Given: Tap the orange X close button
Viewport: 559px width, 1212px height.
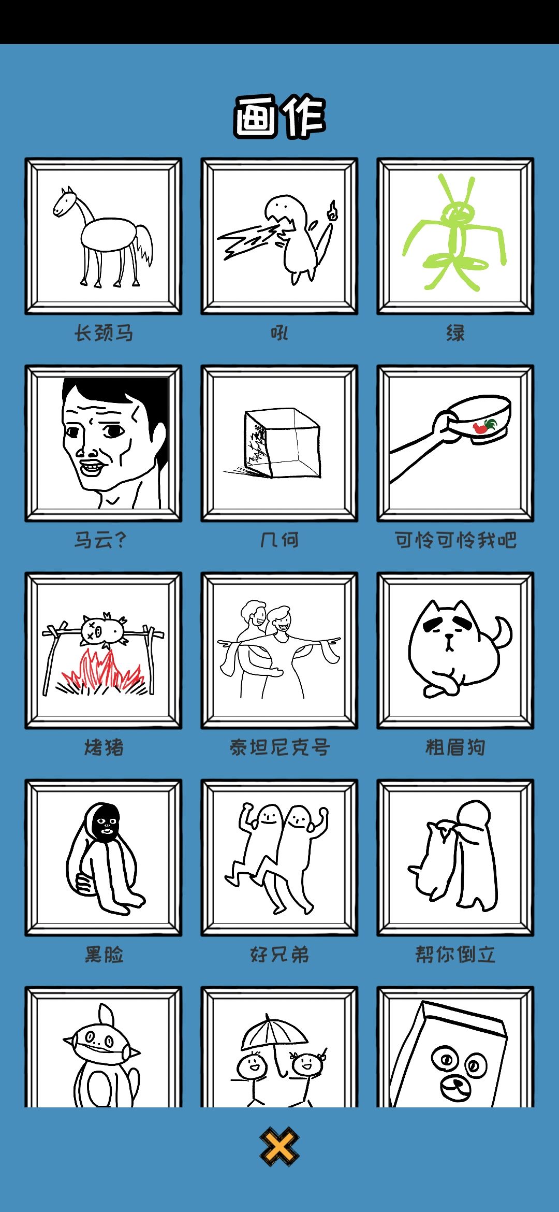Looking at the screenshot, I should (279, 1147).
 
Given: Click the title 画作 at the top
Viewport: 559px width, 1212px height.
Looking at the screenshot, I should (279, 116).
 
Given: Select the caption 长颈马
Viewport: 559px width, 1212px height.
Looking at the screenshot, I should (104, 333).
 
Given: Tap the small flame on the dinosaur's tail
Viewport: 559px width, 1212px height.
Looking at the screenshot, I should (332, 210).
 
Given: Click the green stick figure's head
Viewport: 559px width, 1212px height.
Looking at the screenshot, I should (458, 211).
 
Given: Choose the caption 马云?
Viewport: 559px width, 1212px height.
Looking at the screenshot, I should (100, 540).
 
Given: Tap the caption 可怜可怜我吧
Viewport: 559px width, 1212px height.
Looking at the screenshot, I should (455, 540).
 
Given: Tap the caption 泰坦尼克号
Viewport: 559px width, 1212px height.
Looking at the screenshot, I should (279, 747).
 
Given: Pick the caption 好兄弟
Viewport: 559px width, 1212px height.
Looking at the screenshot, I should (279, 954).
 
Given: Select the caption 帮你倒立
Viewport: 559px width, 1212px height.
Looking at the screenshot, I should (455, 954).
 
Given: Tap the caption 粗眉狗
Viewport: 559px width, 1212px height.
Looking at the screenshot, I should (455, 747).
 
